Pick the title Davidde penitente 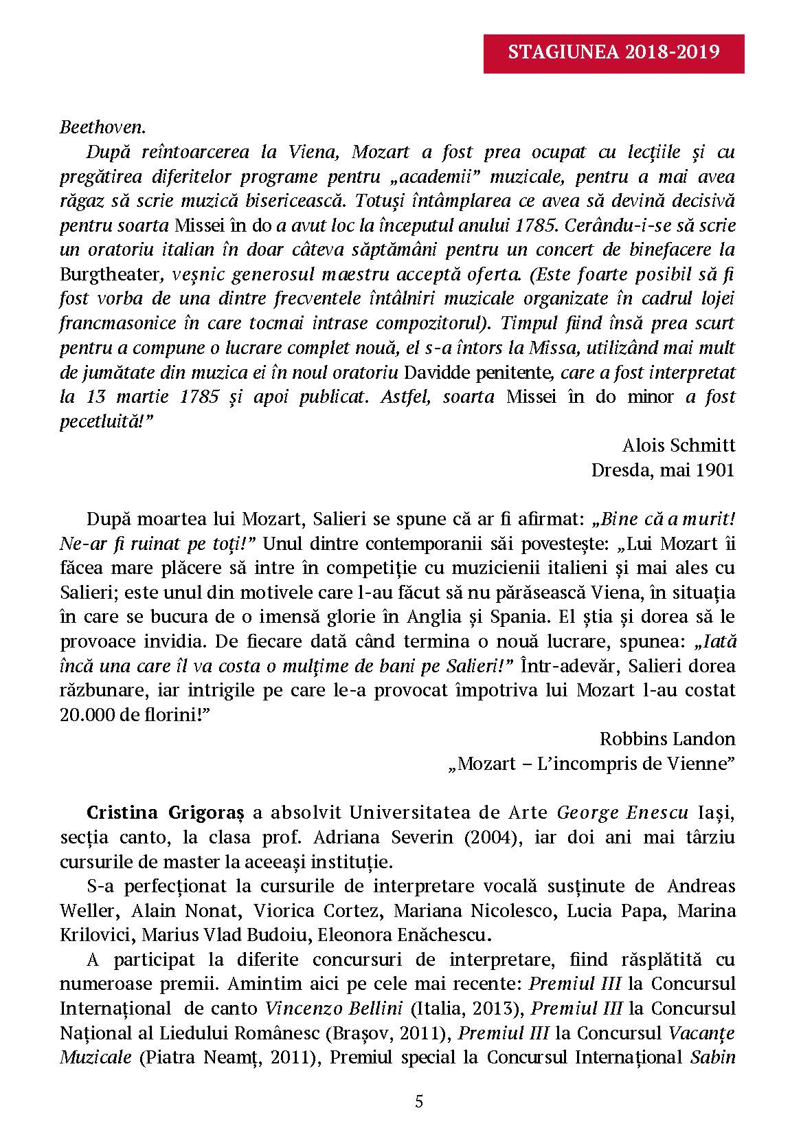[479, 372]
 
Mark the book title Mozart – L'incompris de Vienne [591, 764]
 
